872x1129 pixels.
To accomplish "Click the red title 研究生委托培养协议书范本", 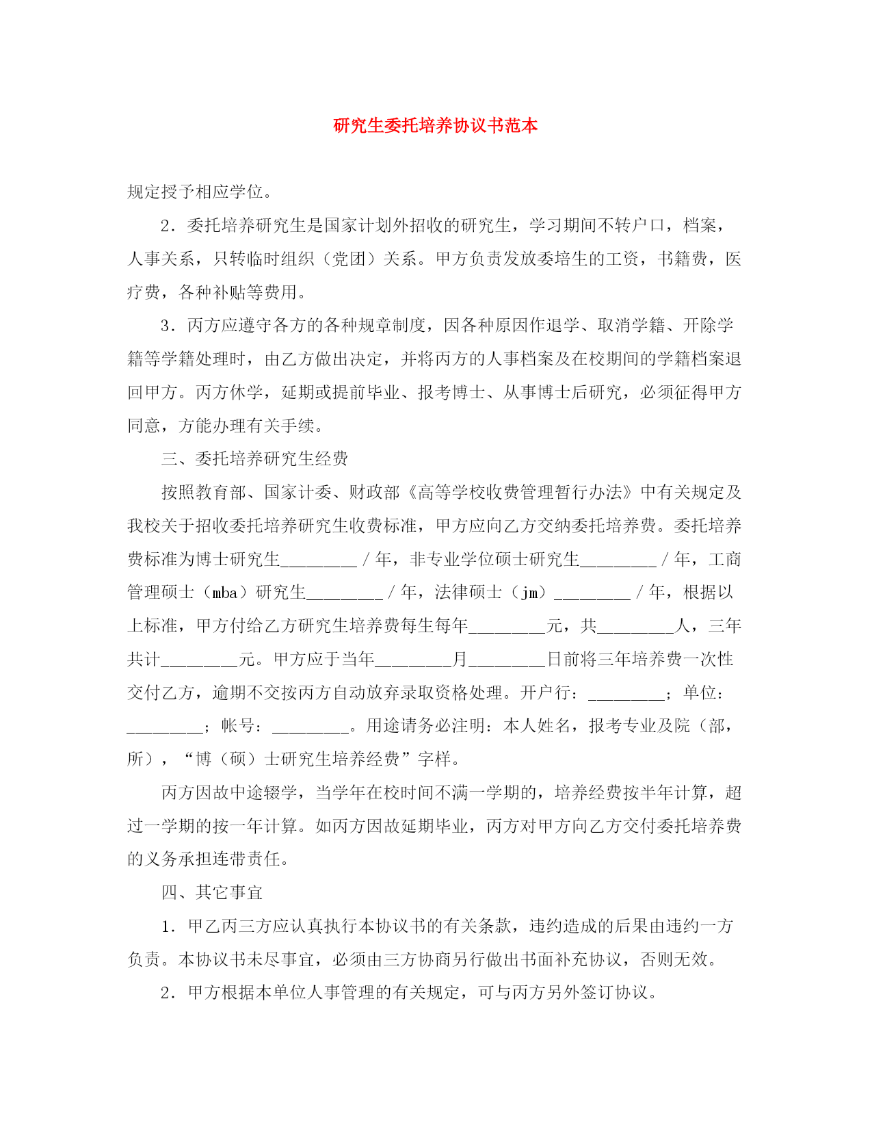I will [x=436, y=125].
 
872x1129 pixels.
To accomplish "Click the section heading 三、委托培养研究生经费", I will [x=254, y=458].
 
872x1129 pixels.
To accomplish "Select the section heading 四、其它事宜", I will [x=212, y=892].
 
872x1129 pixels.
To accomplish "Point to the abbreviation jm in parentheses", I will [x=530, y=593].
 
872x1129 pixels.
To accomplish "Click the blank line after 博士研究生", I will [x=319, y=561].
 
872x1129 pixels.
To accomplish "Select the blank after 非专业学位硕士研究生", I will [x=618, y=561].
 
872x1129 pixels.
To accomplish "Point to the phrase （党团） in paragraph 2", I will [x=349, y=259].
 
